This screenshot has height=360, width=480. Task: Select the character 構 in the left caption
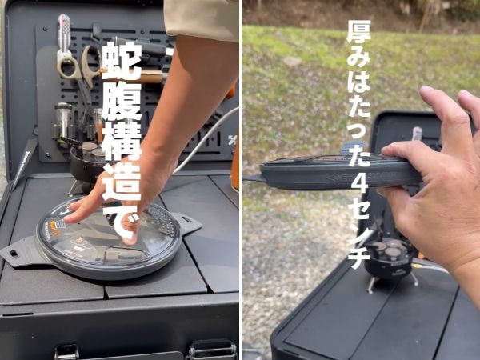(122, 142)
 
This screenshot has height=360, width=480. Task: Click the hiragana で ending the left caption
(122, 222)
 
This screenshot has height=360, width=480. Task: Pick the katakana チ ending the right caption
(360, 258)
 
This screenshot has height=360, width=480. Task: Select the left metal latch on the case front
(66, 351)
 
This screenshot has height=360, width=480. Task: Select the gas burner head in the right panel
(390, 254)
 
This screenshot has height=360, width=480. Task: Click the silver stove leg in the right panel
(370, 282)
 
